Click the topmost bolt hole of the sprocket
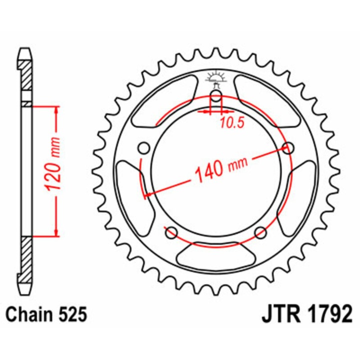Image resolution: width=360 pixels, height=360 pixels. [x=216, y=96]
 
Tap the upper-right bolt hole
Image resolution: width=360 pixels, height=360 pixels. [x=288, y=147]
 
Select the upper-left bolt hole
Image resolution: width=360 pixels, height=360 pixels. [x=144, y=148]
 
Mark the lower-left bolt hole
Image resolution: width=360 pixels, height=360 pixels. [x=171, y=231]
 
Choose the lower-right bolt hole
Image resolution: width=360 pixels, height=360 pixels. [x=260, y=231]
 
